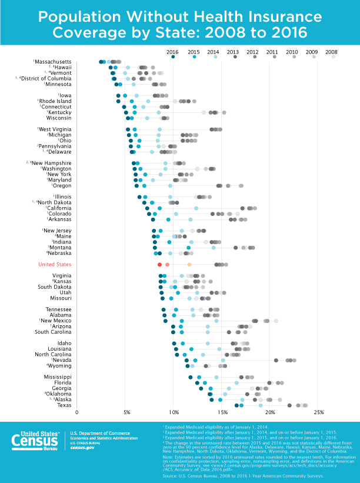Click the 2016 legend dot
[x=173, y=56]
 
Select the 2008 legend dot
[x=333, y=56]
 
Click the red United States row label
[x=55, y=265]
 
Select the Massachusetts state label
[x=54, y=62]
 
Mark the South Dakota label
[x=55, y=287]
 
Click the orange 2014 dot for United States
[x=189, y=265]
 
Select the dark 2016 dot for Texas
[x=236, y=405]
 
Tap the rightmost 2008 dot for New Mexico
[x=276, y=321]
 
